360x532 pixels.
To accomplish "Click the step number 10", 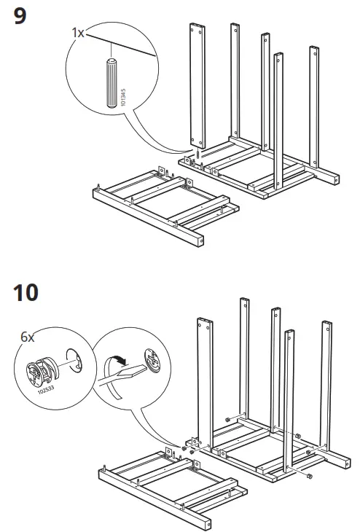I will pyautogui.click(x=26, y=293).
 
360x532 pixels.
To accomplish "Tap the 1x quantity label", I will pyautogui.click(x=78, y=32).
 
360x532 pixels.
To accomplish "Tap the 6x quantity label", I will pyautogui.click(x=28, y=337).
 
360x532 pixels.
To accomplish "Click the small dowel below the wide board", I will pyautogui.click(x=195, y=155).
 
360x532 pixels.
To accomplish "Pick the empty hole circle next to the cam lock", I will pyautogui.click(x=74, y=361).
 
